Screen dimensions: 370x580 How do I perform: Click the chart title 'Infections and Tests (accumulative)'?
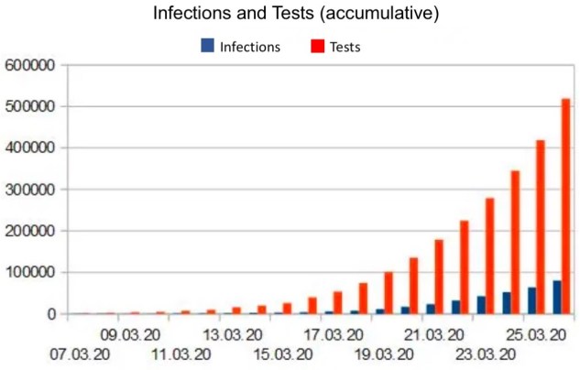(290, 15)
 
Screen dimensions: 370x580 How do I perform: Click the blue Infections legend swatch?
(207, 45)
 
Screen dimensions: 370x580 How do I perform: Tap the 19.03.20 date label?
(386, 354)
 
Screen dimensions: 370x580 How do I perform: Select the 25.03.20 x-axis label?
(539, 334)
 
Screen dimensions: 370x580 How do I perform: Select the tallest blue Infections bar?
(556, 298)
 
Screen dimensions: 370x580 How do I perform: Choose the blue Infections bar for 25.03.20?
(531, 301)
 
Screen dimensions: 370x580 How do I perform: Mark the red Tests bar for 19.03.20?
(388, 293)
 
